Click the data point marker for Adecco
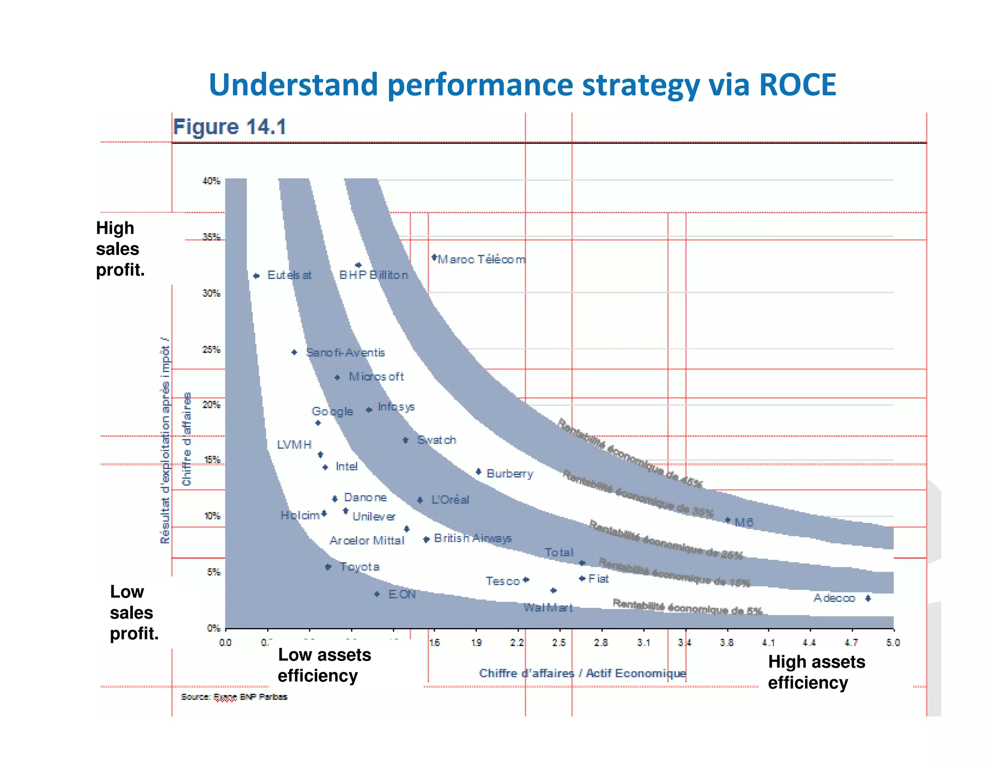point(868,598)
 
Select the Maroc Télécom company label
point(481,259)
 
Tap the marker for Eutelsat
point(257,276)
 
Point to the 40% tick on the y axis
point(211,181)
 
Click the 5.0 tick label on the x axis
point(893,643)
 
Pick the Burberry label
point(510,474)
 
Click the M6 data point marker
point(728,520)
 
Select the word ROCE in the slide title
point(797,85)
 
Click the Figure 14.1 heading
point(230,127)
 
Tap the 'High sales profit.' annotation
point(120,249)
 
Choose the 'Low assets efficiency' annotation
point(324,665)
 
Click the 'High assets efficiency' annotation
point(816,672)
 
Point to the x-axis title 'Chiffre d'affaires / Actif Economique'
point(582,673)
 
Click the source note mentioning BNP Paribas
point(234,697)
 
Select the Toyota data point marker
point(328,567)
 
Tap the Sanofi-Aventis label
point(346,353)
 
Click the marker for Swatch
point(406,440)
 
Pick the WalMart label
point(548,608)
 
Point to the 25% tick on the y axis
point(211,349)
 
